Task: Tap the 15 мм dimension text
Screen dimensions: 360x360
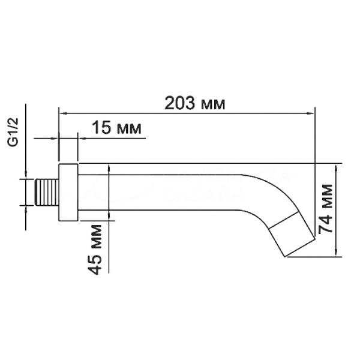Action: click(x=116, y=128)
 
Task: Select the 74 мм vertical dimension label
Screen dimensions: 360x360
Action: click(x=326, y=208)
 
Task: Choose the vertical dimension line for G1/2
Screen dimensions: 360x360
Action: click(x=27, y=192)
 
